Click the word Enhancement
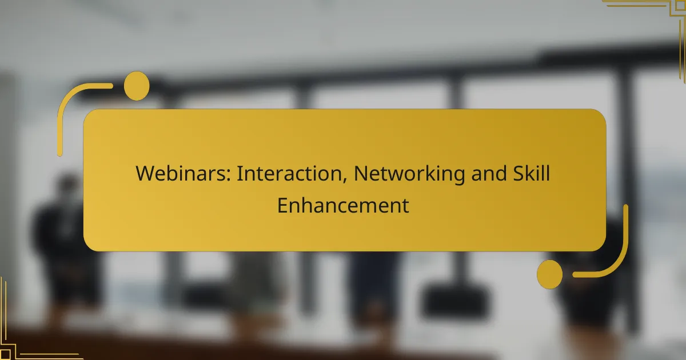pyautogui.click(x=343, y=205)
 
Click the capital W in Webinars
pyautogui.click(x=145, y=173)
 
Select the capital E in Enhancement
pyautogui.click(x=282, y=205)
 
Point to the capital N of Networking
pyautogui.click(x=360, y=173)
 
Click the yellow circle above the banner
pyautogui.click(x=137, y=86)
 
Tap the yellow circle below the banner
pyautogui.click(x=549, y=274)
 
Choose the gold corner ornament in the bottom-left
pyautogui.click(x=23, y=337)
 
